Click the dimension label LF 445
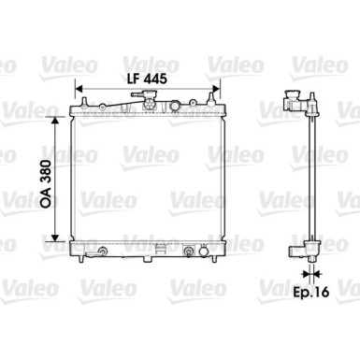(147, 79)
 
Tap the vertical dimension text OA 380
(46, 184)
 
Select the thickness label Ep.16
(311, 292)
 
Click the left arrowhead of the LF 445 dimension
(79, 89)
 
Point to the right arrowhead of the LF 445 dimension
(216, 89)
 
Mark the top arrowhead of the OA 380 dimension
(55, 120)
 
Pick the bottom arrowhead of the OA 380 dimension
(55, 238)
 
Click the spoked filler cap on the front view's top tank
(150, 104)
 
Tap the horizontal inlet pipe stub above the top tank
(137, 94)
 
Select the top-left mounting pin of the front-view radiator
(84, 102)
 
